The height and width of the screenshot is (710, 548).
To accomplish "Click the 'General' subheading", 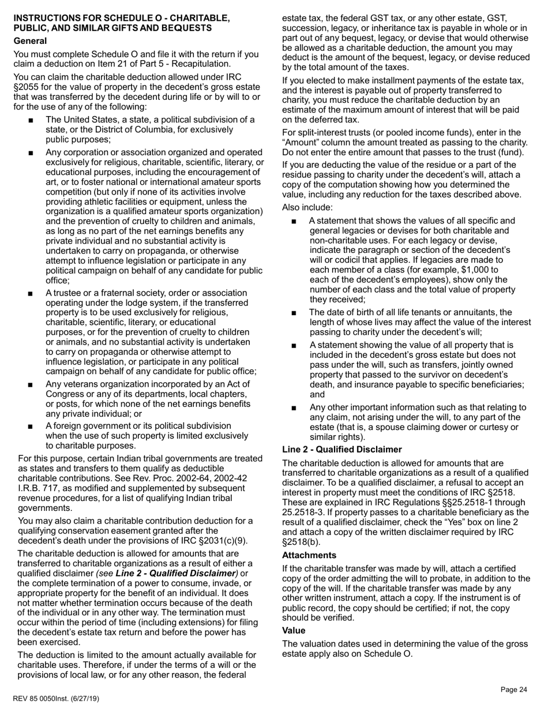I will coord(30,41).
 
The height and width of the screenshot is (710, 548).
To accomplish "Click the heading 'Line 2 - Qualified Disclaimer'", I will coord(341,450).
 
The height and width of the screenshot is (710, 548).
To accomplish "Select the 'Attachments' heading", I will coord(309,555).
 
